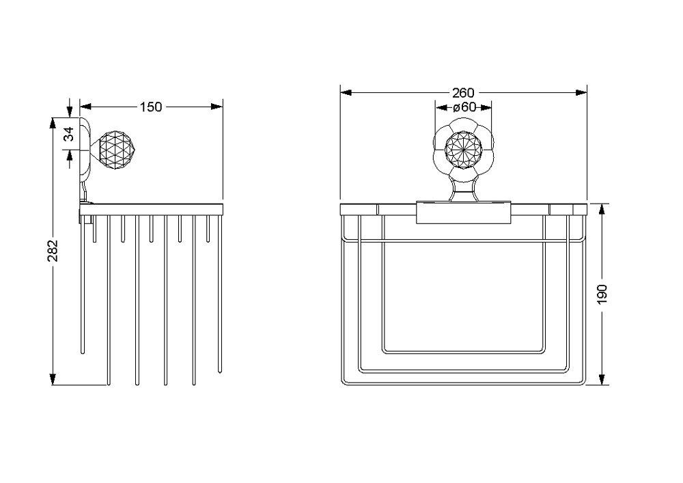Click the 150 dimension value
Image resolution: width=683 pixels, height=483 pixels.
[151, 107]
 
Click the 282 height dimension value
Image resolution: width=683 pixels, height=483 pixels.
[53, 251]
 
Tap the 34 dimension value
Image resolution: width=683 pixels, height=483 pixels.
[69, 134]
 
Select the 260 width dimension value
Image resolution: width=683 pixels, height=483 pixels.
[463, 93]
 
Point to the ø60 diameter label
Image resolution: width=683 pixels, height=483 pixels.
[464, 107]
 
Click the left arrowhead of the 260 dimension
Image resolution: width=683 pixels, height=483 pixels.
[346, 93]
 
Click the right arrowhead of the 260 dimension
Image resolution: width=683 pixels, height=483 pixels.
[581, 93]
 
